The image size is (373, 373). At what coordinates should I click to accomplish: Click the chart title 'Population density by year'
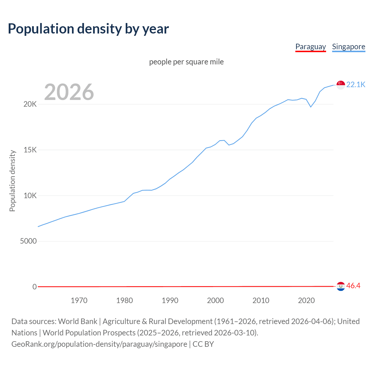tap(88, 29)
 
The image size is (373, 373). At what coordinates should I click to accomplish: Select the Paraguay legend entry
tap(310, 47)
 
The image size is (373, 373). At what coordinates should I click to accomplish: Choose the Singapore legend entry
tap(349, 47)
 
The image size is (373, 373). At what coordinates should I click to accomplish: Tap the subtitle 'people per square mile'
tap(186, 62)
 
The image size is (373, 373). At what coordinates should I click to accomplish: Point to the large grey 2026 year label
tap(69, 92)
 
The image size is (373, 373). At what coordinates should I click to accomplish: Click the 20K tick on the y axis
tap(30, 104)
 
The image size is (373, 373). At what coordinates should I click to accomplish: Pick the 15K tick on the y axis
tap(30, 150)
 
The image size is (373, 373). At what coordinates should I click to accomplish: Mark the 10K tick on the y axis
tap(30, 196)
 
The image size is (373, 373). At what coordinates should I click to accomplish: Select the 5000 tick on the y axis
tap(28, 241)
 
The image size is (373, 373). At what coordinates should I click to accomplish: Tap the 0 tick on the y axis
tap(35, 287)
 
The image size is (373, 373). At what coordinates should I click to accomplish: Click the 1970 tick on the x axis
tap(79, 300)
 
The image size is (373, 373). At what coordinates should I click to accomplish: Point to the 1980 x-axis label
tap(124, 300)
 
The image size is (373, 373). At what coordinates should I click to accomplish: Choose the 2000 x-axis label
tap(215, 300)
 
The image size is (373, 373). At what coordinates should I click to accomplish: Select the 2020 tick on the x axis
tap(306, 300)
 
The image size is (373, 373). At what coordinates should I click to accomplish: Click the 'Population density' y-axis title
tap(12, 181)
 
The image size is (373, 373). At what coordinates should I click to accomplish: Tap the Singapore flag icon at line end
tap(341, 85)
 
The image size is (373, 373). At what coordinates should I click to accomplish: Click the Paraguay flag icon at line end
tap(341, 286)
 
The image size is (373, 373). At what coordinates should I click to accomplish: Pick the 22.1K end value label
tap(356, 85)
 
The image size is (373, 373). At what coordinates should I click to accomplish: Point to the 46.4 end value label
tap(353, 286)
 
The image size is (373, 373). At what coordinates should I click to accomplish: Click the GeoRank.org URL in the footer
tap(99, 344)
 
